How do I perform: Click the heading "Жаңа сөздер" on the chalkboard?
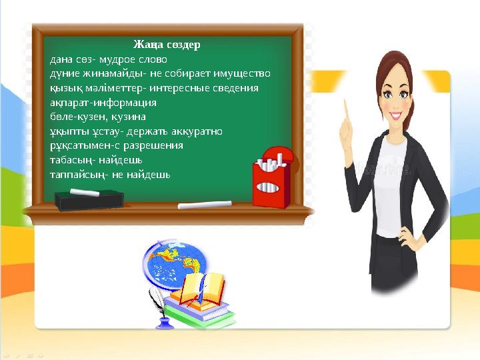(x=167, y=45)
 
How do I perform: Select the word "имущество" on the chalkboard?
(x=242, y=74)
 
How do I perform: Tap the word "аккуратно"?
(x=197, y=131)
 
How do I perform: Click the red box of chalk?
(x=272, y=177)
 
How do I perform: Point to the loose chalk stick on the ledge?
(x=205, y=205)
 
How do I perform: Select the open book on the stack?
(x=203, y=289)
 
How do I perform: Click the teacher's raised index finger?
(x=347, y=111)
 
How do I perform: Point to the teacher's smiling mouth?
(x=395, y=116)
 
